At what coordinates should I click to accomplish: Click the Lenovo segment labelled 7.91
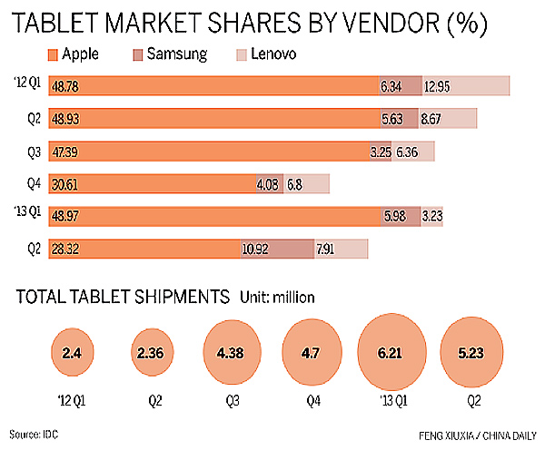point(341,249)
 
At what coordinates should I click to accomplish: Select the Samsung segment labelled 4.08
point(270,184)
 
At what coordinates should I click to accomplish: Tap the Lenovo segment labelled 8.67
point(448,119)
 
